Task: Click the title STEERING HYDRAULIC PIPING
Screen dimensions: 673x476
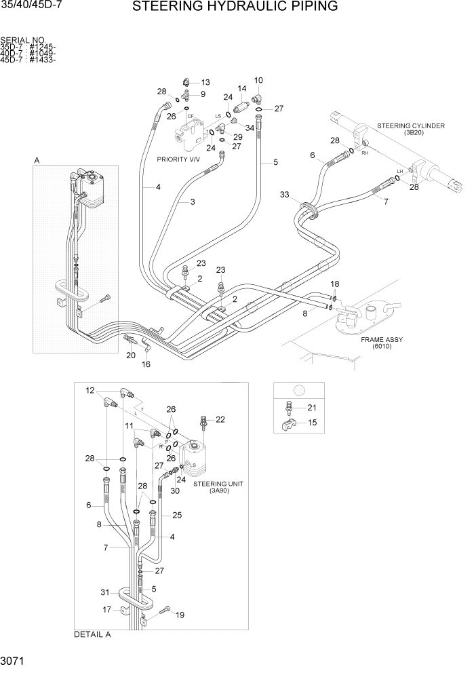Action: click(x=235, y=7)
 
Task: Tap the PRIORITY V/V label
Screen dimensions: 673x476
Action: click(x=179, y=159)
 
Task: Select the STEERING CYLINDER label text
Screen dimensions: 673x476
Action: click(x=411, y=126)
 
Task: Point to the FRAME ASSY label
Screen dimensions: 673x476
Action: click(x=380, y=339)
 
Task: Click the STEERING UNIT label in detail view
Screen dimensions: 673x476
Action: click(x=218, y=484)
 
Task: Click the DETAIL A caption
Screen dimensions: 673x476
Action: click(x=92, y=635)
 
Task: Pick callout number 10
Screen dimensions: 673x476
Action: click(x=258, y=81)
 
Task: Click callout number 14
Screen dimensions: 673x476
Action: click(x=241, y=89)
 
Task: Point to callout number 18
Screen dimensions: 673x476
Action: click(x=335, y=284)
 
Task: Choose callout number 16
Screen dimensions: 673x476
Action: click(x=146, y=364)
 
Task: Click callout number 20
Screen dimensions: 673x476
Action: click(x=131, y=355)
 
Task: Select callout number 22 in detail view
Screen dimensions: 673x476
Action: click(x=220, y=420)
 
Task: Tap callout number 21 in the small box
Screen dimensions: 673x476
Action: click(x=312, y=407)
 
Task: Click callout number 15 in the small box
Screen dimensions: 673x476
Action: click(x=312, y=422)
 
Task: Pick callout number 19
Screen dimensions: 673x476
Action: click(x=180, y=615)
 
